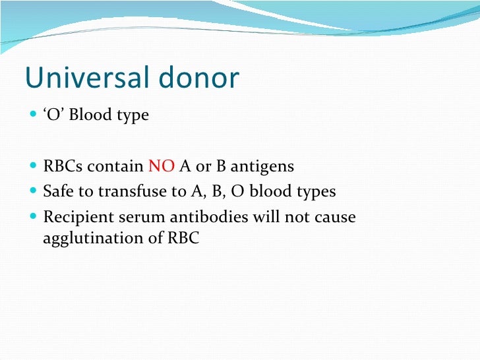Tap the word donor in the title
click(202, 78)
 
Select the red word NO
click(161, 167)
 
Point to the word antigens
click(261, 167)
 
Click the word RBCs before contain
click(63, 167)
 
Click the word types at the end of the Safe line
click(316, 192)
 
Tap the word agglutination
click(90, 238)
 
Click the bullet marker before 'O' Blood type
click(34, 115)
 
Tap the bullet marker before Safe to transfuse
click(34, 192)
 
